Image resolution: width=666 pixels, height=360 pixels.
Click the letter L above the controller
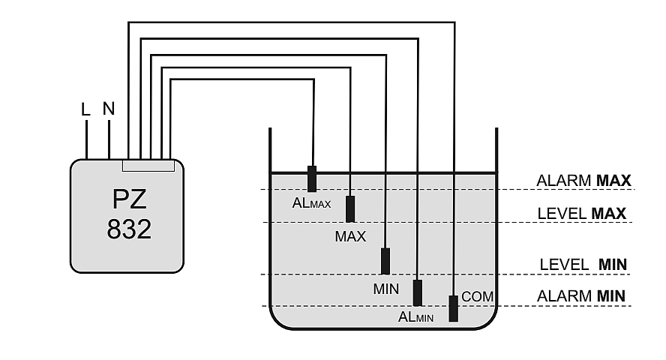[85, 109]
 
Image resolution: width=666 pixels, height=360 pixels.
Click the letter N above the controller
[109, 109]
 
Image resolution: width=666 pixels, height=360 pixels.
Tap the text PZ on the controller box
[127, 199]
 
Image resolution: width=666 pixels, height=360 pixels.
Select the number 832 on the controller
[129, 229]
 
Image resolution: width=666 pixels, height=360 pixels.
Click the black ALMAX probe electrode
[312, 178]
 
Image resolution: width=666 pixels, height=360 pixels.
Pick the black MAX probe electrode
[350, 209]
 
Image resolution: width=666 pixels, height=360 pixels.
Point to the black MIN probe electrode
[385, 261]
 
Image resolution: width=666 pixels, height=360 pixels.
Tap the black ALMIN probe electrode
[418, 292]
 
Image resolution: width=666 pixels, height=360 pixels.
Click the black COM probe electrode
[453, 308]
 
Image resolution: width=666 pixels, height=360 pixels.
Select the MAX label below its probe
[350, 237]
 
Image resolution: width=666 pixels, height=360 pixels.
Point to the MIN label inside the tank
[385, 288]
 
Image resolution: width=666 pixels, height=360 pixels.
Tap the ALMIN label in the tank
[416, 317]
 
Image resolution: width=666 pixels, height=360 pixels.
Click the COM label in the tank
[478, 297]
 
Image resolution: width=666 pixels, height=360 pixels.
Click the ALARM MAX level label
[584, 181]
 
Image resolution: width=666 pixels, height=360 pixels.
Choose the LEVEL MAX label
[582, 214]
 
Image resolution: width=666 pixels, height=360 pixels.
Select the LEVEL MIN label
[583, 265]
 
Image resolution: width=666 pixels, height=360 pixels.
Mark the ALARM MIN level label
[581, 296]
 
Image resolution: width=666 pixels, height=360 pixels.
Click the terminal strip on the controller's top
[148, 164]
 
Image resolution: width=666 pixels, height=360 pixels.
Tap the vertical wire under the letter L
[86, 139]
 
